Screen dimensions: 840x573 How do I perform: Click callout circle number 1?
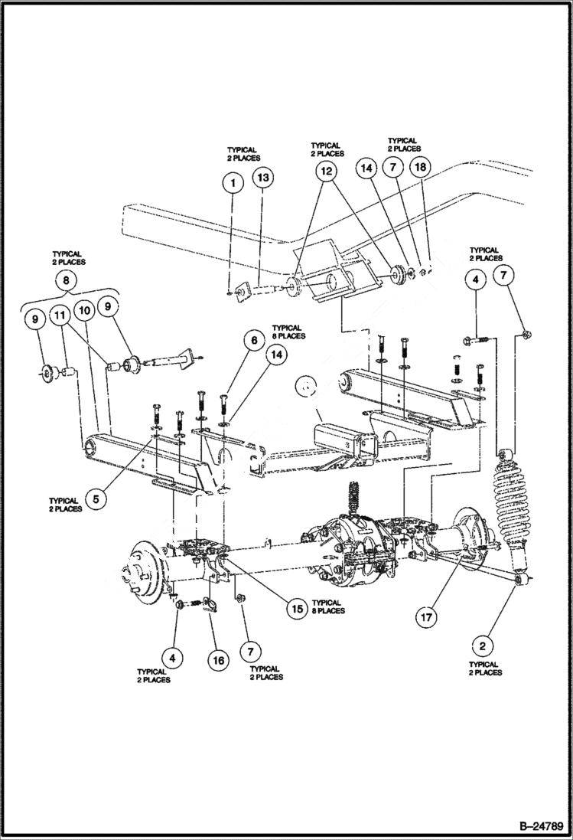click(x=232, y=183)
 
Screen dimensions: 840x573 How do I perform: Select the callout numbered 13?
click(x=262, y=178)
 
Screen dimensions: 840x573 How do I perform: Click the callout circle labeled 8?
click(x=67, y=280)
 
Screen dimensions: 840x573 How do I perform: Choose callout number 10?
click(x=84, y=310)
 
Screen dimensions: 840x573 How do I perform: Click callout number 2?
click(x=483, y=646)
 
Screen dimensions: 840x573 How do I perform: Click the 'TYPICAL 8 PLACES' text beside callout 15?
click(x=327, y=606)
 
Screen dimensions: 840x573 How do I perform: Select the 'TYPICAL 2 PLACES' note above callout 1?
click(x=243, y=154)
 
